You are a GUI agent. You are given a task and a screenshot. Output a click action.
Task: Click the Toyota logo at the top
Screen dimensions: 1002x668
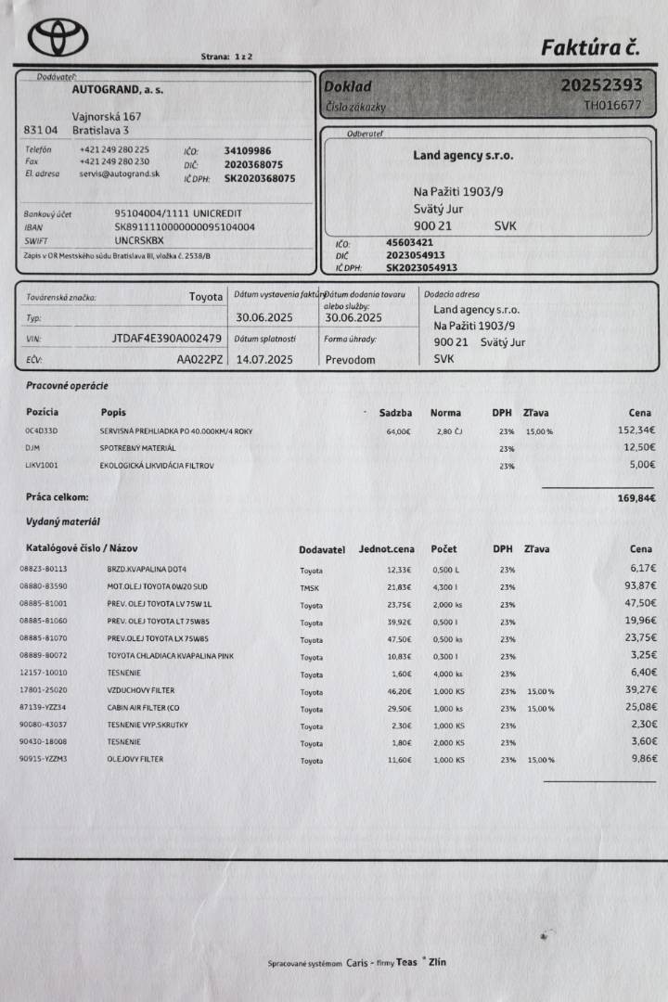pyautogui.click(x=58, y=37)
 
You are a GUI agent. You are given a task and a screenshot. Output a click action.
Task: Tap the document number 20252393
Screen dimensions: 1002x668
pyautogui.click(x=600, y=85)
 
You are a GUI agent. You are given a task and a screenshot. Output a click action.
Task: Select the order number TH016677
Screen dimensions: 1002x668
pyautogui.click(x=611, y=106)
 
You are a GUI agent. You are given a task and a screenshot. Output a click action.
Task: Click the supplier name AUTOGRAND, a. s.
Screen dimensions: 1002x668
pyautogui.click(x=115, y=91)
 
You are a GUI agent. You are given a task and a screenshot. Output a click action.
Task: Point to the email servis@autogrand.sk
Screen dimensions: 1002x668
pyautogui.click(x=119, y=173)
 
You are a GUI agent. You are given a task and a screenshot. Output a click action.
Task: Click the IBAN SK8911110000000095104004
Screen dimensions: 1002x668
pyautogui.click(x=185, y=226)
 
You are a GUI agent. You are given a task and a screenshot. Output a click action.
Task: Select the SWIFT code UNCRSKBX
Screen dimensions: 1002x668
pyautogui.click(x=138, y=240)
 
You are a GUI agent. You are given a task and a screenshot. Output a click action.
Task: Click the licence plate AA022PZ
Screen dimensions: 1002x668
pyautogui.click(x=199, y=359)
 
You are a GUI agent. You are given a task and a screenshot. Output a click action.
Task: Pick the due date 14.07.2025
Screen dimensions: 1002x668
pyautogui.click(x=264, y=359)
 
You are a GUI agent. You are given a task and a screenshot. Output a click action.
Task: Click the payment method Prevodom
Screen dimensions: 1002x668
pyautogui.click(x=351, y=359)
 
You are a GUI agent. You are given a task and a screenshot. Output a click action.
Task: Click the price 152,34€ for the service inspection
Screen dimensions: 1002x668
pyautogui.click(x=636, y=430)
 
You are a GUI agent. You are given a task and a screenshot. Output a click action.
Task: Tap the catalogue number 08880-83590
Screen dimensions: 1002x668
pyautogui.click(x=43, y=586)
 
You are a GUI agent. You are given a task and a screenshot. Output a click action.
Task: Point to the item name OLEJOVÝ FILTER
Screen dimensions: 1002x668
pyautogui.click(x=136, y=760)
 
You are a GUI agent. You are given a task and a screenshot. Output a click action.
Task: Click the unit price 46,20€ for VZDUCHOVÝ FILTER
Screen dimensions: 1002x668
pyautogui.click(x=398, y=691)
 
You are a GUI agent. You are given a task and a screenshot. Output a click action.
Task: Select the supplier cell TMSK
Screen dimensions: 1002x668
pyautogui.click(x=310, y=587)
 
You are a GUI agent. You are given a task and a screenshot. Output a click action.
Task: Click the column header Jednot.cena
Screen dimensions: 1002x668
pyautogui.click(x=387, y=549)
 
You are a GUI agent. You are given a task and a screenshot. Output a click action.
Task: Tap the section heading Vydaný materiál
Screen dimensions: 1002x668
pyautogui.click(x=63, y=522)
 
